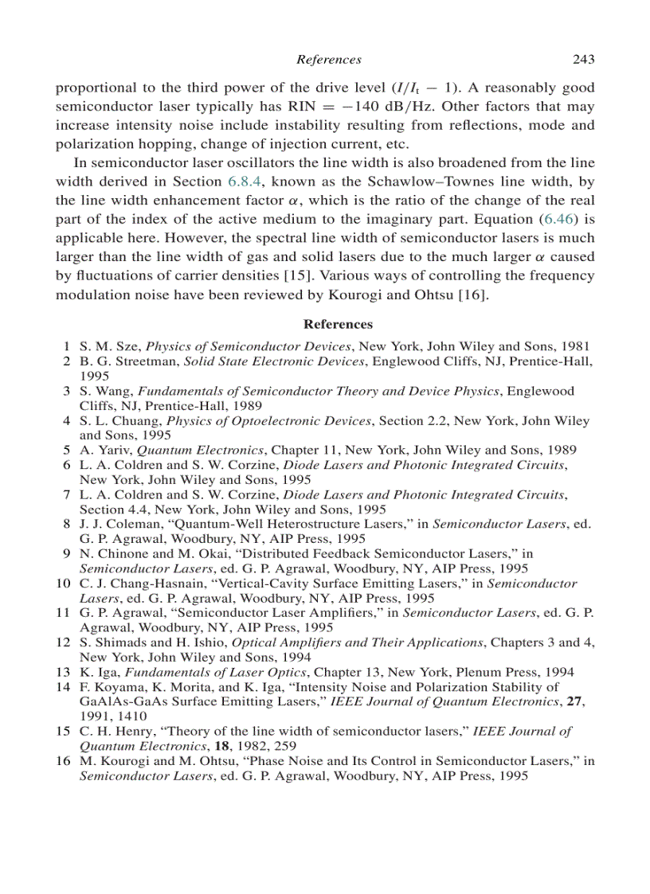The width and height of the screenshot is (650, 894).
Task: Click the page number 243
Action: coord(583,60)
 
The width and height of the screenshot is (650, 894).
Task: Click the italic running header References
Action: coord(328,60)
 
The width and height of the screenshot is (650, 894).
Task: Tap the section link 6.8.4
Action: coord(246,182)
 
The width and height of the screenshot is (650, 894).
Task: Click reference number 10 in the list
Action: coord(64,584)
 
